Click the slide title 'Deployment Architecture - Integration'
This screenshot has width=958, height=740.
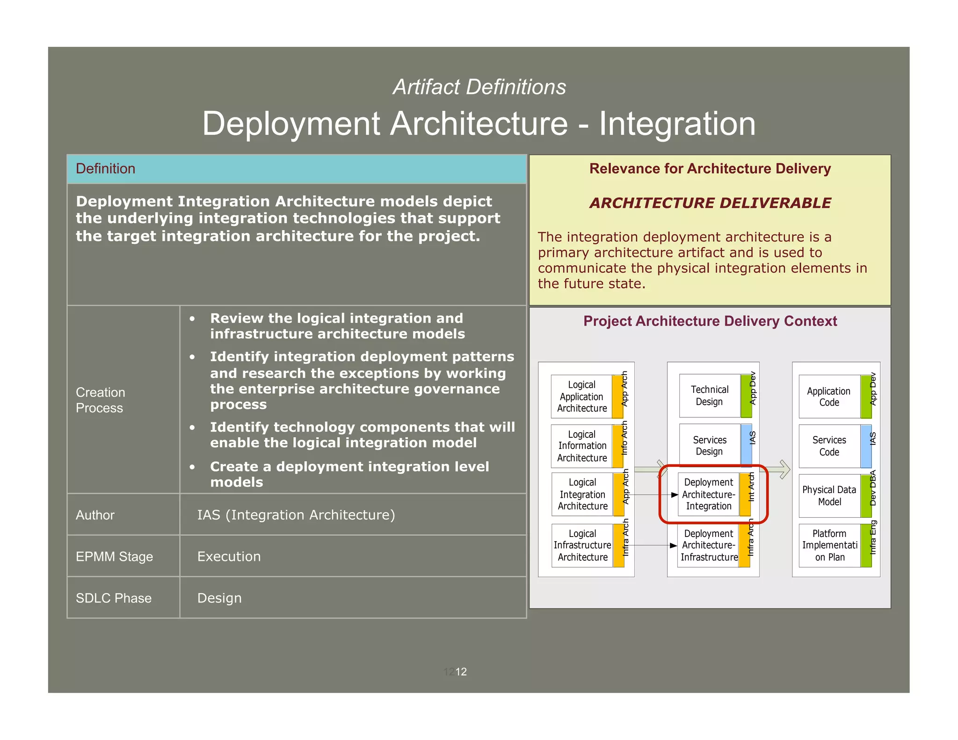point(479,123)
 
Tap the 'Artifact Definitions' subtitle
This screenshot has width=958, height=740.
point(479,87)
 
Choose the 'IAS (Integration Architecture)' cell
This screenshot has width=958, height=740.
point(296,515)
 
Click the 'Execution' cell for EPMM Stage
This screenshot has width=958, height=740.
point(229,557)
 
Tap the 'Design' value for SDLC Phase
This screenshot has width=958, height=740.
point(219,598)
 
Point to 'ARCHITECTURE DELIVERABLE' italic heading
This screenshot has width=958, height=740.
point(710,203)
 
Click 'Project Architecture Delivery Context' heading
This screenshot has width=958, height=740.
point(710,321)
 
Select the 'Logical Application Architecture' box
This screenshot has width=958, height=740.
point(581,397)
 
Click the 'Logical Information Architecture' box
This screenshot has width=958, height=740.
point(581,446)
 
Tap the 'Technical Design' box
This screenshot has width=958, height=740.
point(709,396)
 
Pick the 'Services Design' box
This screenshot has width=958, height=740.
point(709,446)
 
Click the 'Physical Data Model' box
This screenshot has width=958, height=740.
point(829,496)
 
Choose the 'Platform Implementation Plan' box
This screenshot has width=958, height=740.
point(829,545)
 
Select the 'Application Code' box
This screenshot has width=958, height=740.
point(829,397)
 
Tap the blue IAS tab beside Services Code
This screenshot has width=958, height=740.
point(866,446)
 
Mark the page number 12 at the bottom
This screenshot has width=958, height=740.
point(461,672)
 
